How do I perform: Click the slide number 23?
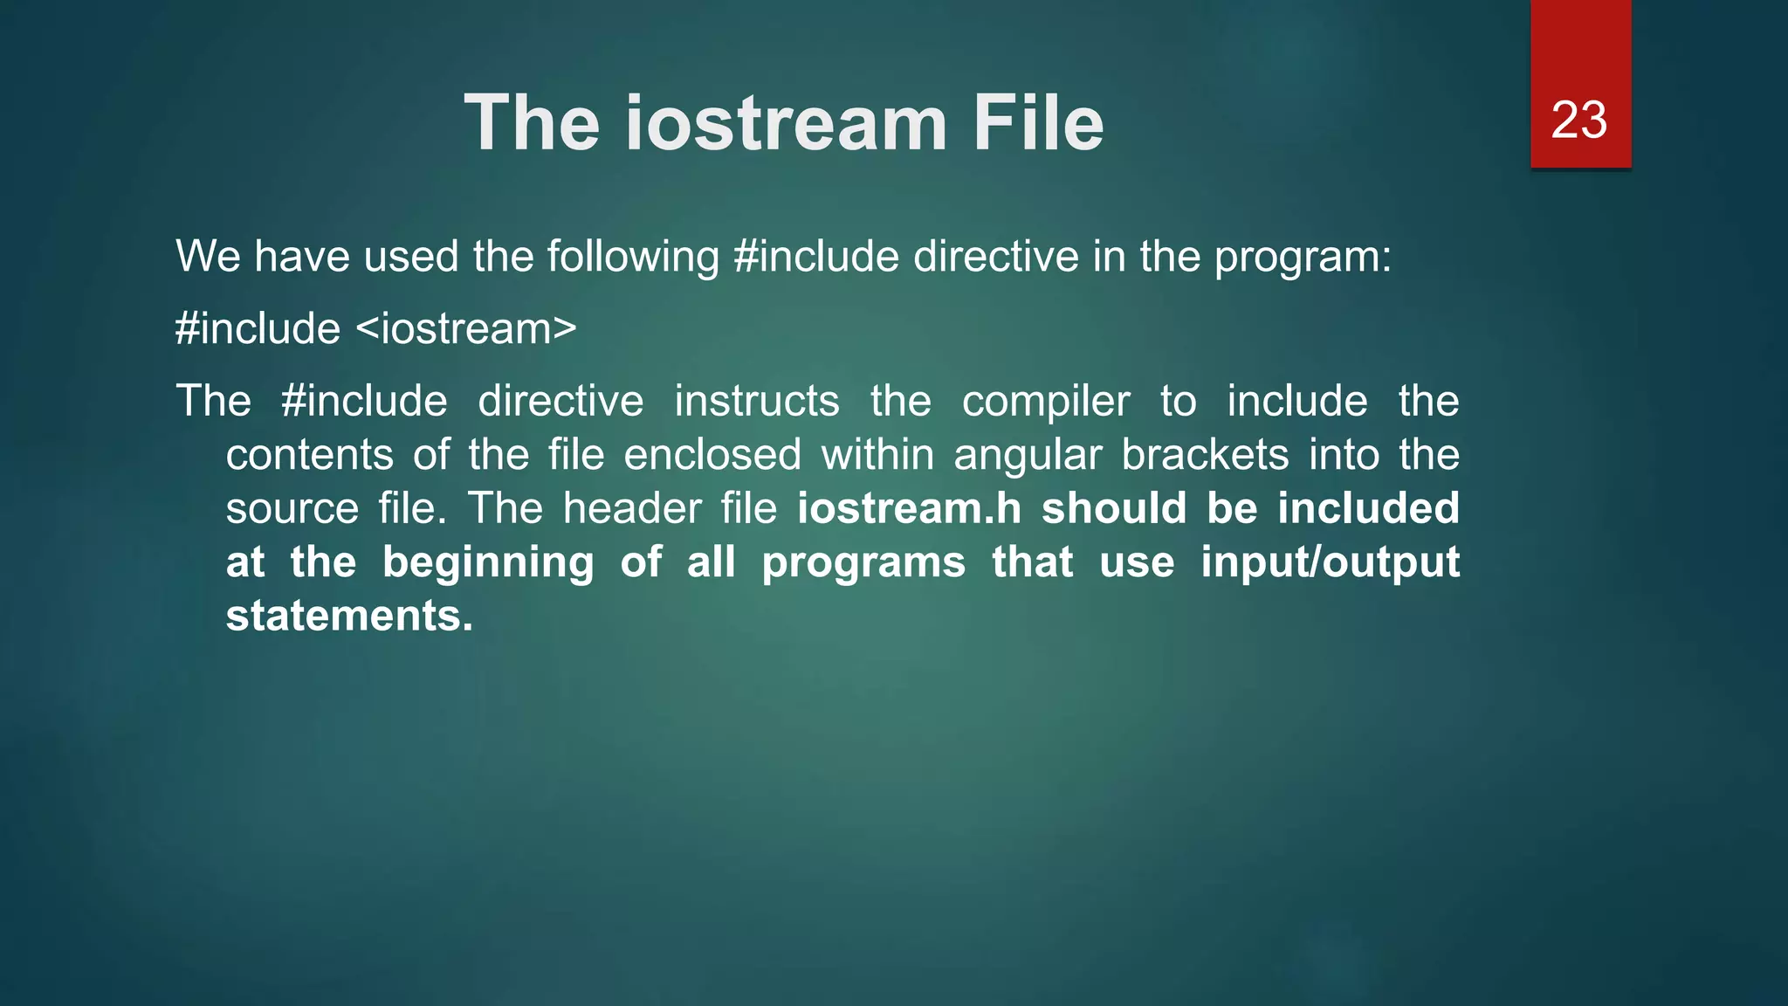pyautogui.click(x=1578, y=120)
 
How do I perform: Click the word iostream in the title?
pyautogui.click(x=786, y=123)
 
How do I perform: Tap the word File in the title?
pyautogui.click(x=1038, y=123)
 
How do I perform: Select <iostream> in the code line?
pyautogui.click(x=466, y=329)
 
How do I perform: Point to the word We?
pyautogui.click(x=208, y=257)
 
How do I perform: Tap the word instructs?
pyautogui.click(x=756, y=402)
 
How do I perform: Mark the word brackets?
pyautogui.click(x=1205, y=455)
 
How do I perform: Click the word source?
pyautogui.click(x=292, y=509)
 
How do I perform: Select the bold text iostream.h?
pyautogui.click(x=909, y=508)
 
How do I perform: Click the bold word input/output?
pyautogui.click(x=1330, y=562)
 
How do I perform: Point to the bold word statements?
pyautogui.click(x=349, y=616)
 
